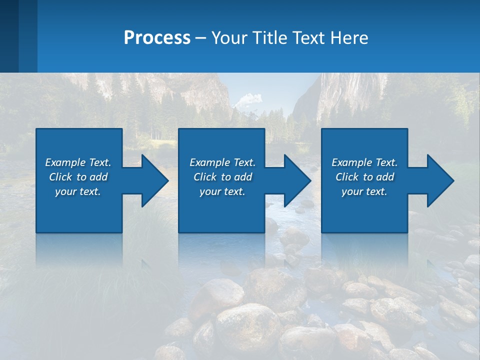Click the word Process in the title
157,37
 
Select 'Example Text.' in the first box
78,162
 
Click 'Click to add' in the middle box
222,177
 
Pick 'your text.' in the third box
364,191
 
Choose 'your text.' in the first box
78,191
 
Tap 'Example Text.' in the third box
364,162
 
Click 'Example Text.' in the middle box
222,162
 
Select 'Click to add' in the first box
78,177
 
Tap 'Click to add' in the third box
364,177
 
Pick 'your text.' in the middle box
222,191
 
